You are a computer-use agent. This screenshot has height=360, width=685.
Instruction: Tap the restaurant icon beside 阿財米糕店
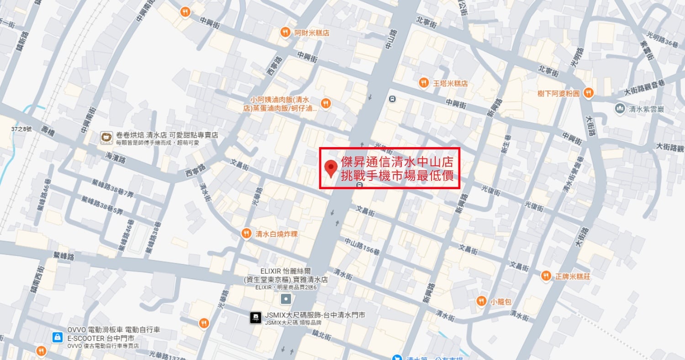285,32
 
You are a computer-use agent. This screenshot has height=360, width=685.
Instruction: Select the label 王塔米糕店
450,83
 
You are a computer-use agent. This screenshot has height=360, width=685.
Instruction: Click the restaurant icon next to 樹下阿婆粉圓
588,93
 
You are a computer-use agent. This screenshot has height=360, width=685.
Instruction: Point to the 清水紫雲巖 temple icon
620,108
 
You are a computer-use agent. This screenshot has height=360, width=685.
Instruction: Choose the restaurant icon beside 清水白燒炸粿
247,233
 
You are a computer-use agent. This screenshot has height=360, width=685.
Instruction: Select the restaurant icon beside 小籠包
481,301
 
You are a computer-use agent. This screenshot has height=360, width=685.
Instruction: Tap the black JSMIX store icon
256,318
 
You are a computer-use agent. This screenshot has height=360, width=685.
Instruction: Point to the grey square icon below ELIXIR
286,299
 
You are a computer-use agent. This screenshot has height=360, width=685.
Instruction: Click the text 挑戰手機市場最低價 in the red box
400,176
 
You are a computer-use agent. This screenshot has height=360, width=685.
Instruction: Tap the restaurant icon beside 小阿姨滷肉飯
325,104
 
